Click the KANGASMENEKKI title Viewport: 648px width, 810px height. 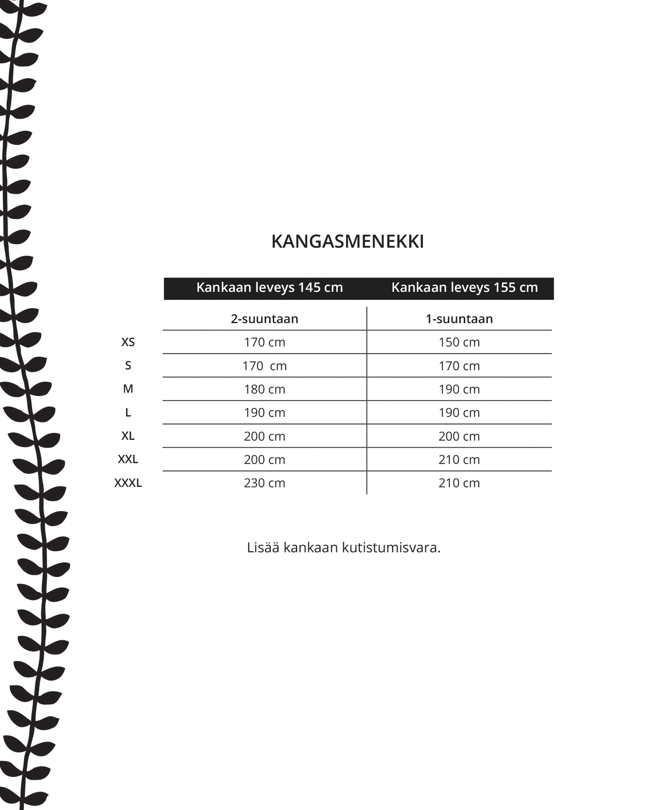(347, 241)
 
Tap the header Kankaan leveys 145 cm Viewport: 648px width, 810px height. (269, 288)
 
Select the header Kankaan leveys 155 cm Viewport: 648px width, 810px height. (464, 288)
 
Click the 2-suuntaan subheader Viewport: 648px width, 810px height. (264, 319)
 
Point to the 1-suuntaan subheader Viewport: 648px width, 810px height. (459, 319)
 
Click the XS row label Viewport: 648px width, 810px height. (128, 342)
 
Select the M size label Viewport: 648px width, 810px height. (128, 389)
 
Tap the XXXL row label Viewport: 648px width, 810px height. (128, 483)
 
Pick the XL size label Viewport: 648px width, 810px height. (128, 436)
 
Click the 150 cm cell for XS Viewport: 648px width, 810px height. (459, 342)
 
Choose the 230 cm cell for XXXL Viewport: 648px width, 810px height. (264, 483)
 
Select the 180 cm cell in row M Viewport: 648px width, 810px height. (264, 389)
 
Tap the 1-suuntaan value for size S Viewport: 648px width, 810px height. (459, 366)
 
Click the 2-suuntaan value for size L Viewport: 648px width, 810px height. (264, 413)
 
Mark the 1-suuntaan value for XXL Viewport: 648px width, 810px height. (459, 460)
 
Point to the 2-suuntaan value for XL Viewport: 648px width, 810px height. (264, 436)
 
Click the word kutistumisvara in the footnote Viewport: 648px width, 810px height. (391, 547)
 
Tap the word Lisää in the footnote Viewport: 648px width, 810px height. (263, 547)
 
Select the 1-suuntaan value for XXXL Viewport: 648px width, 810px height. (459, 483)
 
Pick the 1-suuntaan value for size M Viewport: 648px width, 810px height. (459, 389)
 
